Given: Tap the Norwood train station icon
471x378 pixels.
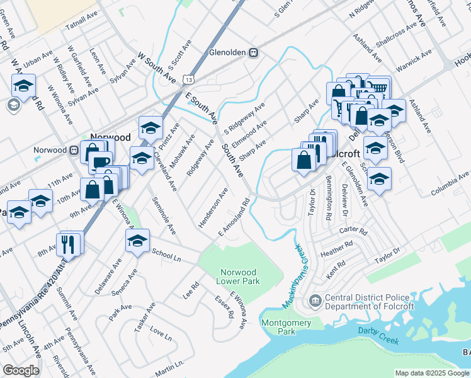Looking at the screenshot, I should coord(74,151).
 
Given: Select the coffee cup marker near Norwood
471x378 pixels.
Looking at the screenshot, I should coord(99,161).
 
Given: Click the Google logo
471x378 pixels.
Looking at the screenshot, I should coord(21,370).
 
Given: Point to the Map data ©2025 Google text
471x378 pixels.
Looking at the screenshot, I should coord(432,373).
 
